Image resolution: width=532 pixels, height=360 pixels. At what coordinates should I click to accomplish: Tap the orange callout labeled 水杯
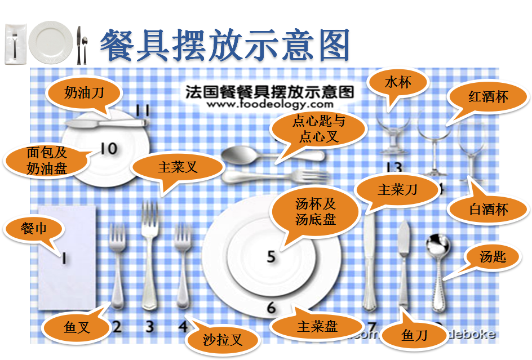[397, 83]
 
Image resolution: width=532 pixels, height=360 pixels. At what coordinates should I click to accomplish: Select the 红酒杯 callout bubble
[488, 96]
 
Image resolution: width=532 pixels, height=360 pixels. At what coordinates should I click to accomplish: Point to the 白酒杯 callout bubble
[488, 210]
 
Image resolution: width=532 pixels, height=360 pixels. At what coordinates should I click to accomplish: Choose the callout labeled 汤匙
[493, 257]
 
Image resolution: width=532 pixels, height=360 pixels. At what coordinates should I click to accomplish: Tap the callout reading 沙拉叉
[222, 339]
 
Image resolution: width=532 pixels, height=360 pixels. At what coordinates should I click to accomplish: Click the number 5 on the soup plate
[271, 256]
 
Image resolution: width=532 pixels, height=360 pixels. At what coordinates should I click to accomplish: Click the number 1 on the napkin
[64, 258]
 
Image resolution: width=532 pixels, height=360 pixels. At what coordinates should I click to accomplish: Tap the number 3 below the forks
[149, 326]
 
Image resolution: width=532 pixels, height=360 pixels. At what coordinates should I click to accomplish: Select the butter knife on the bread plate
[107, 122]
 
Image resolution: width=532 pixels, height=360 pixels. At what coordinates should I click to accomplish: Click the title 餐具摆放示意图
[225, 44]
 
